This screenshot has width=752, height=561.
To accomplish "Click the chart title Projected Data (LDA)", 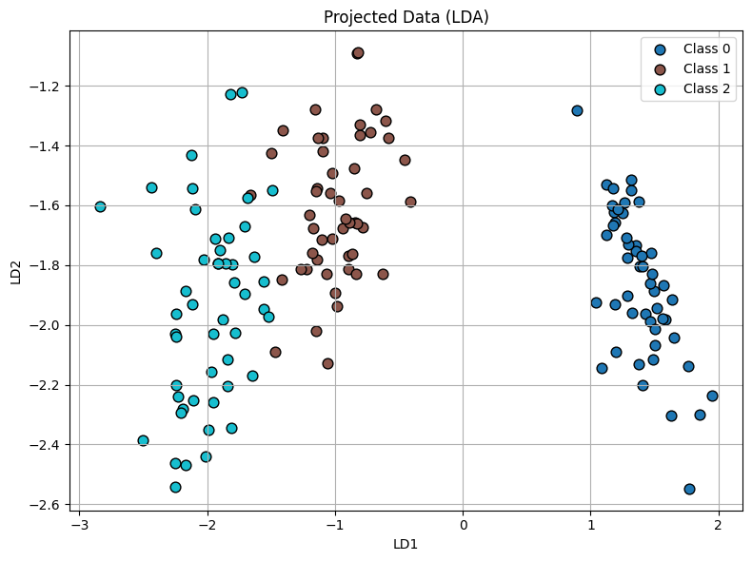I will click(406, 17).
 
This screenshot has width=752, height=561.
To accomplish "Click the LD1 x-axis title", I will click(406, 544).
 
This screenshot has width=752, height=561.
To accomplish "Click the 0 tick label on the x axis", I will click(464, 524).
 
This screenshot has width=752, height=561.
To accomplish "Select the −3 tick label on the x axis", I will click(81, 524).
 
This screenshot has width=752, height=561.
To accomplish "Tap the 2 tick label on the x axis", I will click(719, 524).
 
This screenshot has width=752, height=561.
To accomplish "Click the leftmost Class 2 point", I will click(100, 206).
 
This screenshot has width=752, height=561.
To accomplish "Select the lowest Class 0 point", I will click(689, 489).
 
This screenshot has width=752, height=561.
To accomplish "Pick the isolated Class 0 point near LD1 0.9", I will click(577, 110).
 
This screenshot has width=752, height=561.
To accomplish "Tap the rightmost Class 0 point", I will click(712, 396).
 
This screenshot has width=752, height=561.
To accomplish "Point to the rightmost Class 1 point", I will click(410, 202).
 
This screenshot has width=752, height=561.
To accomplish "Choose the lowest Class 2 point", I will click(175, 487).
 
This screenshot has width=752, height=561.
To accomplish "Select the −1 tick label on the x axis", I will click(336, 524).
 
